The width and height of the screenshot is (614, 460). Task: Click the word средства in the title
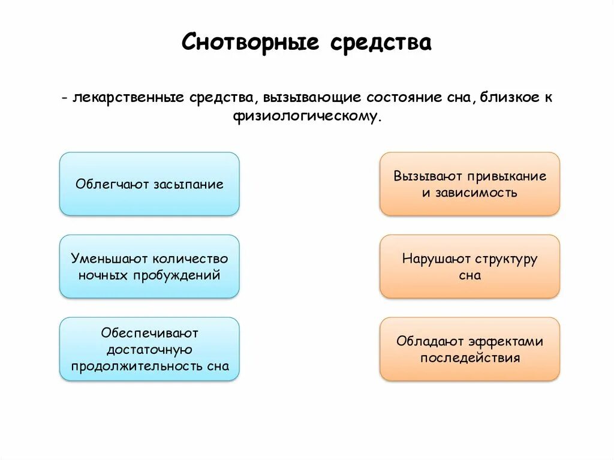click(x=380, y=43)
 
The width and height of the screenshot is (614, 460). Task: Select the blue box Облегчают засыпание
click(x=149, y=184)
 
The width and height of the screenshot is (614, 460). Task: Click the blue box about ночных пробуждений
click(x=149, y=266)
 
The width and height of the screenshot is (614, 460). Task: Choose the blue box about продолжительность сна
click(x=149, y=349)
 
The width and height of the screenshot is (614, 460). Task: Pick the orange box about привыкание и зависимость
click(x=469, y=184)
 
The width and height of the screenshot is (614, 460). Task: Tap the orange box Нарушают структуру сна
click(x=469, y=266)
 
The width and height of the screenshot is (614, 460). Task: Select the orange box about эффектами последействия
click(x=469, y=349)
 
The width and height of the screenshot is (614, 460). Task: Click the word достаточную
click(x=149, y=349)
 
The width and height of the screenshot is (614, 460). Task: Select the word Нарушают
click(x=436, y=259)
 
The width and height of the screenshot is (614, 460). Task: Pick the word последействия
click(x=469, y=358)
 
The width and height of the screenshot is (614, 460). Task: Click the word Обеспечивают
click(x=149, y=332)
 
